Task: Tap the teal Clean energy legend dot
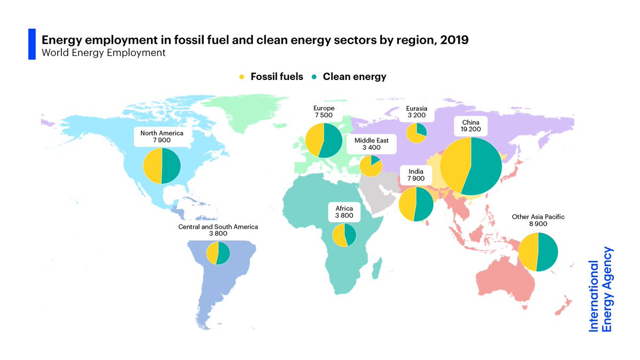coord(315,77)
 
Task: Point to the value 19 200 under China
coord(471,129)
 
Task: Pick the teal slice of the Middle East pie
coord(375,159)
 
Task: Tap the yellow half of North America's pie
coord(153,166)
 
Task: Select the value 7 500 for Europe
coord(324,115)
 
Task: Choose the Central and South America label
coord(218,227)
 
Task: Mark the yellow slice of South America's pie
coord(212,253)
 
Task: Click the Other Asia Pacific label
coord(538,217)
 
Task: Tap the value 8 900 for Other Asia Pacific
coord(538,224)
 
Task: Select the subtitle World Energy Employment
coord(103,53)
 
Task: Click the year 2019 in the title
coord(454,40)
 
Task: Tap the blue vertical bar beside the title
coord(31,44)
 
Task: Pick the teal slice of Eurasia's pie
coord(421,129)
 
